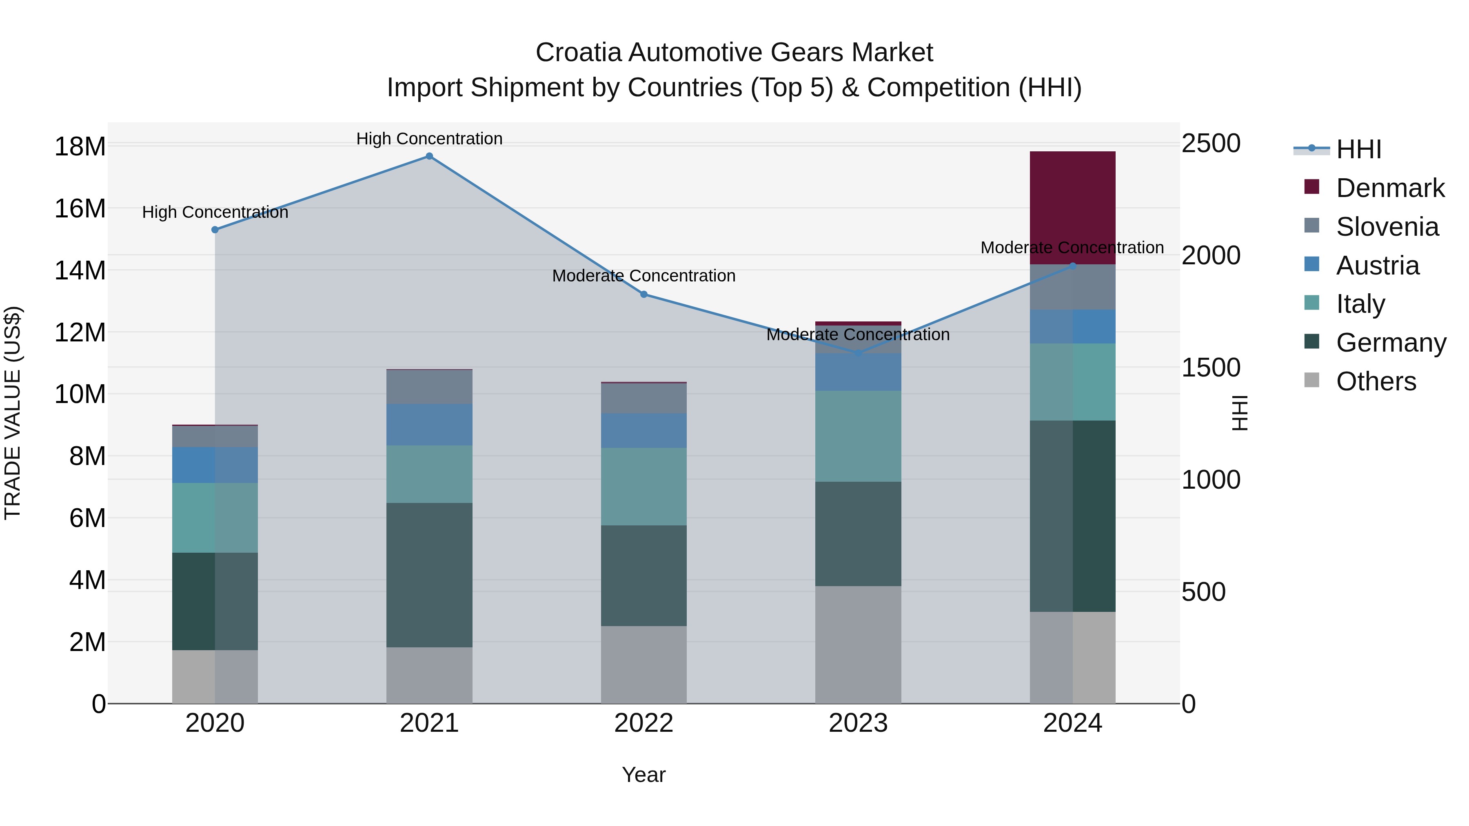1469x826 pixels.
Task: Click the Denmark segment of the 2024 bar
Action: [1072, 208]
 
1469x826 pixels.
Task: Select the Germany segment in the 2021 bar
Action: [429, 575]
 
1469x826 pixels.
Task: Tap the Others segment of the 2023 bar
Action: [858, 644]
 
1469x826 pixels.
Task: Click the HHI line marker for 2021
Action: [429, 156]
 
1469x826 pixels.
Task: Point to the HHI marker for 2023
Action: [858, 353]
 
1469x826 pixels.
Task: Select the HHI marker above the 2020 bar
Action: [215, 230]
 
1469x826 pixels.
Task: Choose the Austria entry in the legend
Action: [1377, 266]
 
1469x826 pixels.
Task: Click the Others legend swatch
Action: [1311, 380]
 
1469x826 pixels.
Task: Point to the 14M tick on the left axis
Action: [80, 270]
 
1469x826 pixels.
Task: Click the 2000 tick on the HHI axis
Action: [1210, 255]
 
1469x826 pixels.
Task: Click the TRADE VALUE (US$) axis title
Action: [13, 413]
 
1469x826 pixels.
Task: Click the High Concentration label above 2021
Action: [429, 139]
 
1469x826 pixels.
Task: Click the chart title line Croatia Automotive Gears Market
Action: [734, 53]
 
